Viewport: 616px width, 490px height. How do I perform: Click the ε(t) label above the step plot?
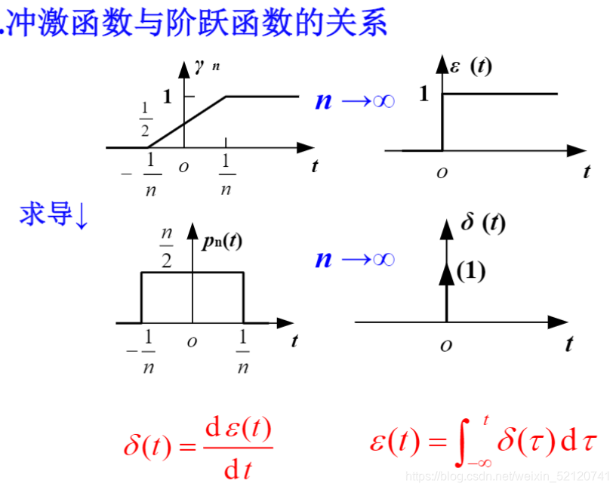pos(470,67)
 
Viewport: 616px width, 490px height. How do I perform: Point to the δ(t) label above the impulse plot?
pos(483,223)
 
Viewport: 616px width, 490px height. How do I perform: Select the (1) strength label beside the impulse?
pos(471,272)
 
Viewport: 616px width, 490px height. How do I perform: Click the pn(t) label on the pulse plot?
pos(223,241)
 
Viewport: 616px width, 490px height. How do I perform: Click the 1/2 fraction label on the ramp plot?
pos(146,119)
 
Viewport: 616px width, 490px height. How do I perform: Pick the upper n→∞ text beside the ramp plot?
pos(355,100)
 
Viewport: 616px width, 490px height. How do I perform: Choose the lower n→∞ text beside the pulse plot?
pos(355,259)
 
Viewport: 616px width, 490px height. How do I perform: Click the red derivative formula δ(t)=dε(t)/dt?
pos(199,448)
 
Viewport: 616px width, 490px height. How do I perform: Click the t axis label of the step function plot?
pos(587,172)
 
